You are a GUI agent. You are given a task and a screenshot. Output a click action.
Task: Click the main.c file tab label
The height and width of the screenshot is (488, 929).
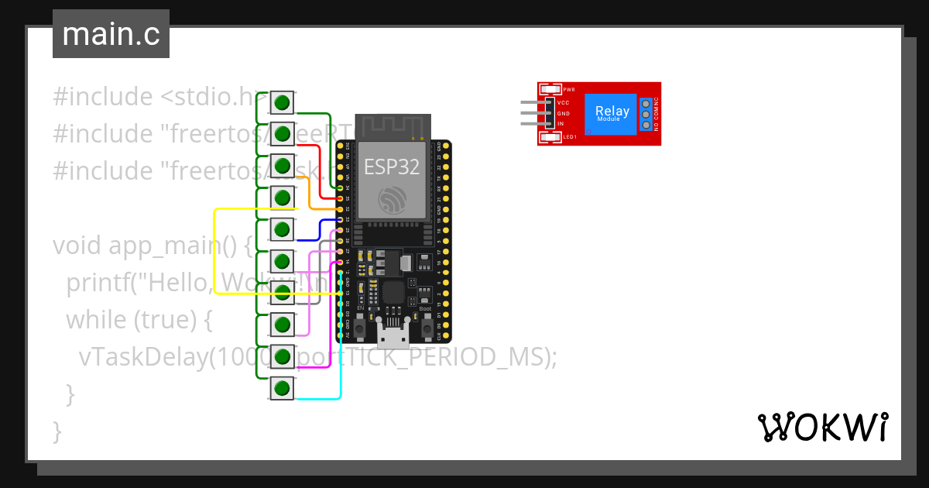pos(111,34)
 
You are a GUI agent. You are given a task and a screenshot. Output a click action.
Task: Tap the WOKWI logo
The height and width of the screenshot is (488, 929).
pos(822,427)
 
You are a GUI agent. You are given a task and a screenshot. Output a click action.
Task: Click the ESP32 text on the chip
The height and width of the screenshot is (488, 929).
pos(391,166)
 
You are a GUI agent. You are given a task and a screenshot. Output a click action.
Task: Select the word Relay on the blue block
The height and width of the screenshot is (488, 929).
pos(612,111)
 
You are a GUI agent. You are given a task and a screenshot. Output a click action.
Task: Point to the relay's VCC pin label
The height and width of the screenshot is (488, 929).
pos(564,102)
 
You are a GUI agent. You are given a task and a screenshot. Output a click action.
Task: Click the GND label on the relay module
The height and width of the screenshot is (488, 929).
pos(564,113)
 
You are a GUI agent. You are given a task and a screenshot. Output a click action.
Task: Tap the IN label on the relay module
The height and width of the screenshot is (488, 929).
pos(560,124)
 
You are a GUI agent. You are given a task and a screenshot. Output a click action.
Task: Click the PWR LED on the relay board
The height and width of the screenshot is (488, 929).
pos(552,90)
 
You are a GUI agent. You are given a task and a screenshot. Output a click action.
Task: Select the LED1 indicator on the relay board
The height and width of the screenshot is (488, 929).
pos(552,138)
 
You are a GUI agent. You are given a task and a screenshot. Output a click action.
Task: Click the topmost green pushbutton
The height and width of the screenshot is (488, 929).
pos(283,102)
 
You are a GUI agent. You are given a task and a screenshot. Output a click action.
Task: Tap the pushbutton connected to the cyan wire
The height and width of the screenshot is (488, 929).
pos(283,387)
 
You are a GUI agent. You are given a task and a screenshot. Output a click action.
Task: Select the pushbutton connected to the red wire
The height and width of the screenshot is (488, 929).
pos(283,134)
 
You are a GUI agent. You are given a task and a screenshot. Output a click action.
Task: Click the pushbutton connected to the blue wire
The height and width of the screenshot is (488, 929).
pos(283,229)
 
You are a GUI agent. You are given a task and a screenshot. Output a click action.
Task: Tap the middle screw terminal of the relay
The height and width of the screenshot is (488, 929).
pos(646,114)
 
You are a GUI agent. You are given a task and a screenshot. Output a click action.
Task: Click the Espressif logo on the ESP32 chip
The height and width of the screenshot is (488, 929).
pos(391,200)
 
